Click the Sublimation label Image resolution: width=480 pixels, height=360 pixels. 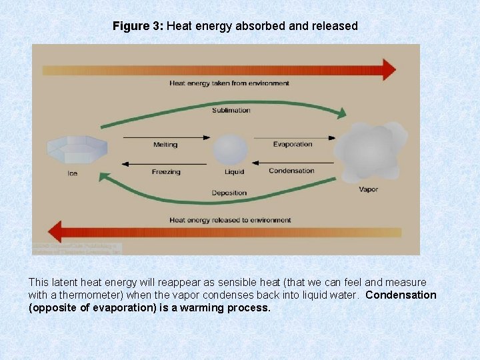(231, 110)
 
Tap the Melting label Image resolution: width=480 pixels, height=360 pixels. (165, 144)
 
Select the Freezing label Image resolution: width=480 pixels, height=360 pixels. (166, 172)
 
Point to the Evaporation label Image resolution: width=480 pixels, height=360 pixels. (292, 144)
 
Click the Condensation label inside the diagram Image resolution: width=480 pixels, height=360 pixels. (291, 171)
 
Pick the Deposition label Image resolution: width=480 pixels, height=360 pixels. (229, 193)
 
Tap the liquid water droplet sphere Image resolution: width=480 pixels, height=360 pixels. (231, 150)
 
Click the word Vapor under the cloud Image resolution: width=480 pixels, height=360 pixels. (368, 189)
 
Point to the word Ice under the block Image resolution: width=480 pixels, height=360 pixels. (73, 174)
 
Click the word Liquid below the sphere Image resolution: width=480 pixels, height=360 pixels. (234, 172)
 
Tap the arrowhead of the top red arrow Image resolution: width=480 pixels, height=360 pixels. (389, 69)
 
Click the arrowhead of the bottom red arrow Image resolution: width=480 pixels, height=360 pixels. (41, 232)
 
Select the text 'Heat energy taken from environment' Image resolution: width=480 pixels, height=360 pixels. (229, 83)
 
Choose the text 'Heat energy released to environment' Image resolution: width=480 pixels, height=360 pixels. (230, 219)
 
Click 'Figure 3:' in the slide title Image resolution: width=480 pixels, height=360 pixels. (138, 27)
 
